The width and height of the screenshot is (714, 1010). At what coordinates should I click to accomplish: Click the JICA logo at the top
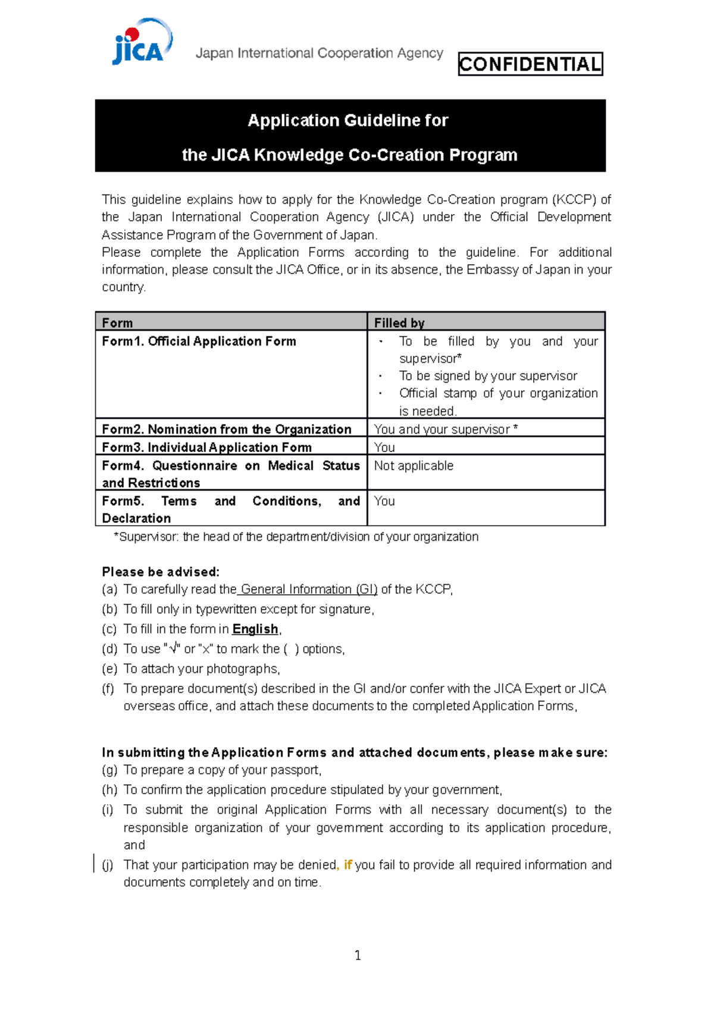click(x=142, y=43)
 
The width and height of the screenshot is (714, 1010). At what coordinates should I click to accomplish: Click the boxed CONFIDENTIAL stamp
click(x=530, y=64)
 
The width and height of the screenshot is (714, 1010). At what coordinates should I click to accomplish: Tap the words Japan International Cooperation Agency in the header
click(x=319, y=54)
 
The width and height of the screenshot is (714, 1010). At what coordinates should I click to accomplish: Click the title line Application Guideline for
click(x=348, y=121)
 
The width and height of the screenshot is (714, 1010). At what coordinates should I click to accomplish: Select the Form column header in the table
click(x=117, y=323)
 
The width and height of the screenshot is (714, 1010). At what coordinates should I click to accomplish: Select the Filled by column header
click(x=399, y=323)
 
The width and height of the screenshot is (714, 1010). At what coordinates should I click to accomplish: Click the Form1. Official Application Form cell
click(x=199, y=341)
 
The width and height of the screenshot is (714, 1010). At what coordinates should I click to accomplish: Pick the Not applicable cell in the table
click(x=414, y=466)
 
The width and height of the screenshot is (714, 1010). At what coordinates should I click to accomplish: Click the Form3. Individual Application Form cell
click(x=206, y=447)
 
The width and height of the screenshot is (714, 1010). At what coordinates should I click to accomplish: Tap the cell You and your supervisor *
click(x=446, y=429)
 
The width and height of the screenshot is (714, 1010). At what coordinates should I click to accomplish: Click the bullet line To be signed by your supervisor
click(x=488, y=376)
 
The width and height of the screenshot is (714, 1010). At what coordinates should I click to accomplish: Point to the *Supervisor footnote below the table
click(x=296, y=537)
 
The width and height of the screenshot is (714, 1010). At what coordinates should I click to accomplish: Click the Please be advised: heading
click(x=161, y=572)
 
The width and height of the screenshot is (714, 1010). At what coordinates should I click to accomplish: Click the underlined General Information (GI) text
click(x=309, y=589)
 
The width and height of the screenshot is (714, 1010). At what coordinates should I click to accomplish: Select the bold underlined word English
click(x=255, y=629)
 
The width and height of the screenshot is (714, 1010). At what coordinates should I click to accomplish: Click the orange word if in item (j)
click(x=348, y=865)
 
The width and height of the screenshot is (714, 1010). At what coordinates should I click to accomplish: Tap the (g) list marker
click(x=109, y=770)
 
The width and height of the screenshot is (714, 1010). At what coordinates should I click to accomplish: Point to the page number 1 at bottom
click(x=358, y=956)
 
